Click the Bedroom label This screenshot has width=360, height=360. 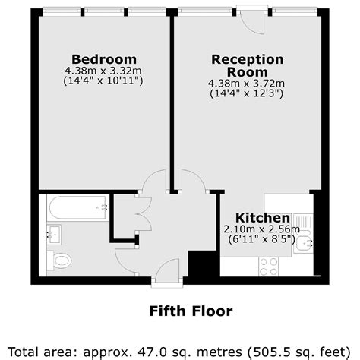coord(104,59)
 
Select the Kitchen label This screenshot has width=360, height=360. coord(261,216)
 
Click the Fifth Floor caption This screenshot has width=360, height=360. coord(180,311)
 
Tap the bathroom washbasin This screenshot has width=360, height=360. coord(52,234)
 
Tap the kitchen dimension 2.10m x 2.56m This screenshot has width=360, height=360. coord(261,229)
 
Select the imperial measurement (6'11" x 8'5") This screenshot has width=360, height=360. coord(261,239)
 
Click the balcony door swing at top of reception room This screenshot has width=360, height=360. coord(253,22)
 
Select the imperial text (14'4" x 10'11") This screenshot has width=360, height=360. coord(104,81)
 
